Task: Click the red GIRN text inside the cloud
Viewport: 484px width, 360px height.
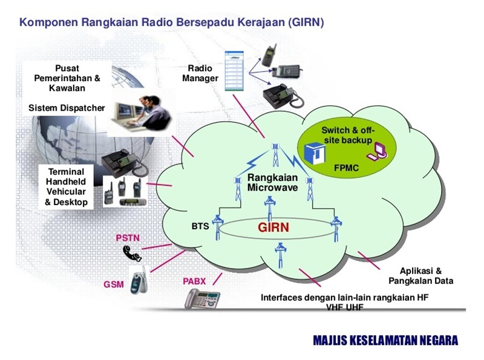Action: pos(273,227)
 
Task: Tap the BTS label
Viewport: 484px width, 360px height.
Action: pos(200,226)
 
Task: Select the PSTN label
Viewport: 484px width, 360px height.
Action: pos(128,238)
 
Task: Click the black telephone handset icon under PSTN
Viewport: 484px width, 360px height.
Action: pos(132,253)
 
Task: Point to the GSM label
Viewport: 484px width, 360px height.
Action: pos(114,284)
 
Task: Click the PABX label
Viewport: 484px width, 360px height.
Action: pos(194,281)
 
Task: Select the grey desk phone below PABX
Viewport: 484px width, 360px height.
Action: pos(203,299)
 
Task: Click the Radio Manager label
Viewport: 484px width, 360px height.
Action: pos(200,73)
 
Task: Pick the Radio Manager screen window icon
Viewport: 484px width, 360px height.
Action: pos(234,71)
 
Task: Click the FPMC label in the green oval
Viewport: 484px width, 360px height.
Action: pos(346,168)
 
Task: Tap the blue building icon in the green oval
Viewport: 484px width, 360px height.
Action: pos(315,153)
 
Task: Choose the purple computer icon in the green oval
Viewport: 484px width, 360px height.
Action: pos(377,152)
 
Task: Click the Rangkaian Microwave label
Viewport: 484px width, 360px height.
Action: pos(273,183)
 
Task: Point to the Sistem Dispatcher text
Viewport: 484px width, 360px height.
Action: pos(67,108)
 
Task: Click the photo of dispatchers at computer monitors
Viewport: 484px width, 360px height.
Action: pos(140,114)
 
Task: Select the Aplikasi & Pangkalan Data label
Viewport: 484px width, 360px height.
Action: pos(420,276)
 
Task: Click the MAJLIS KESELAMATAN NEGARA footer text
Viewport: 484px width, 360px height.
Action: pos(385,340)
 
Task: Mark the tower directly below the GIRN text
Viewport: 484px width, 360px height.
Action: pos(280,255)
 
